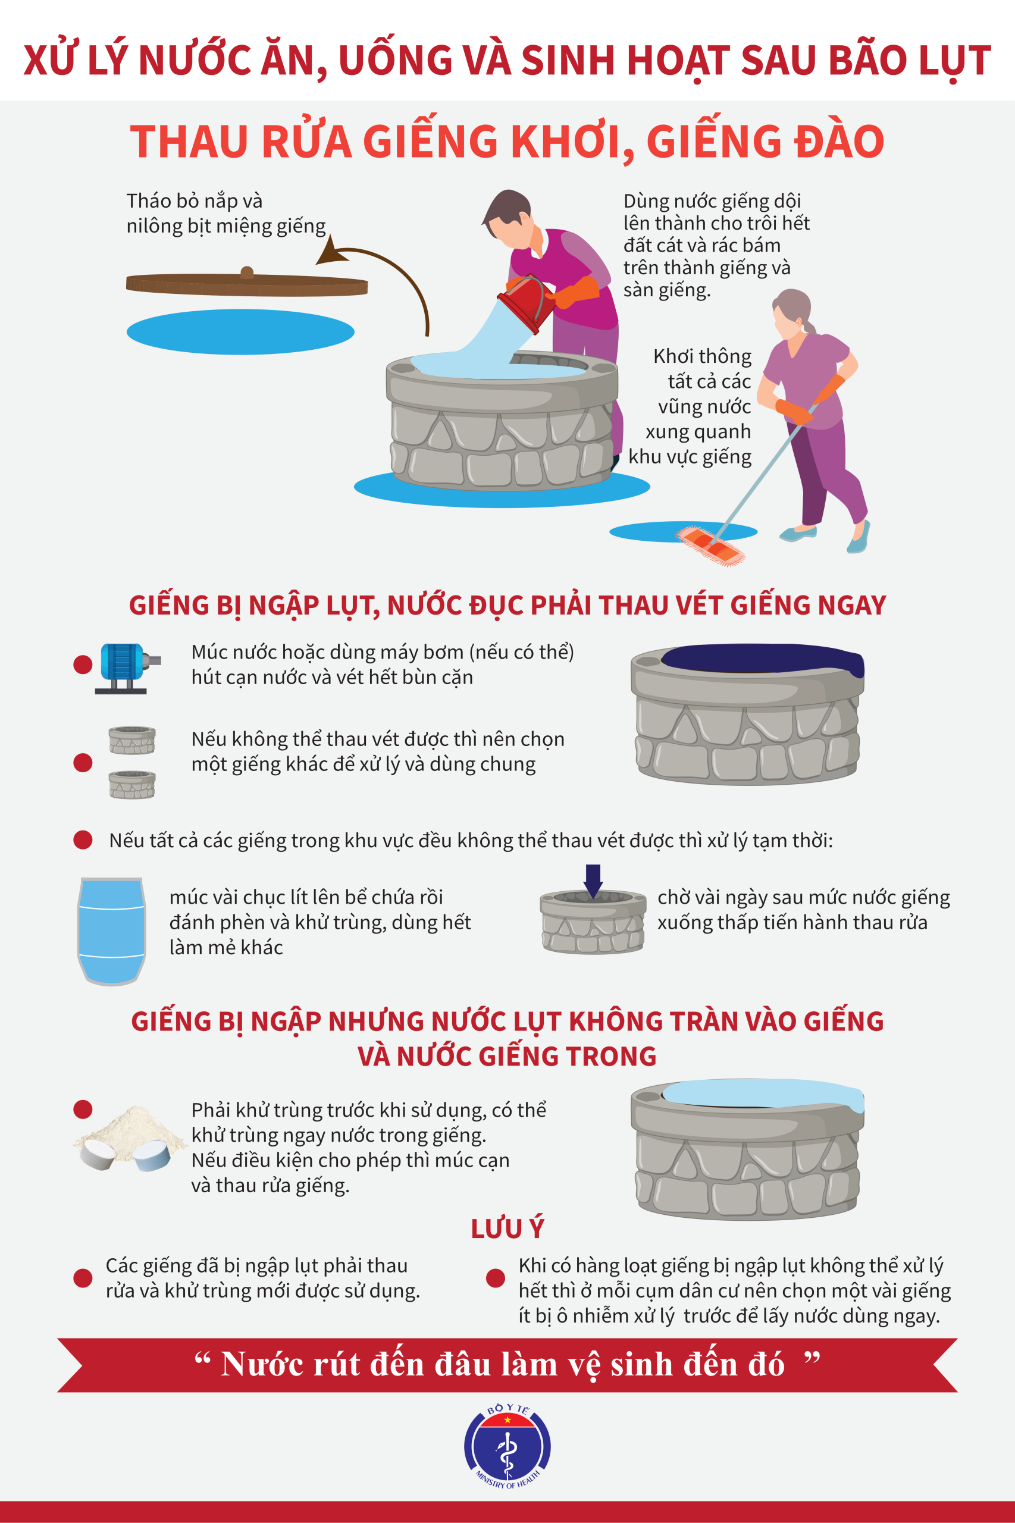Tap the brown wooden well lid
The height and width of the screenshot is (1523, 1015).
click(x=247, y=284)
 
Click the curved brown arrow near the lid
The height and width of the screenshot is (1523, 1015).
click(x=382, y=278)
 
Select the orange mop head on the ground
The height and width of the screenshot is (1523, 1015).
click(x=710, y=545)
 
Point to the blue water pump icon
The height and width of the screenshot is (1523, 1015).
click(x=127, y=668)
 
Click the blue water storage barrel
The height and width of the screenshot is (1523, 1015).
click(x=111, y=931)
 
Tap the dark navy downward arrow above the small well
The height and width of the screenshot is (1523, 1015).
click(x=593, y=881)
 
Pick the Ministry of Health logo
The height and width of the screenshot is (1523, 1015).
click(x=507, y=1445)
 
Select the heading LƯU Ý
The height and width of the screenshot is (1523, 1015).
click(x=507, y=1228)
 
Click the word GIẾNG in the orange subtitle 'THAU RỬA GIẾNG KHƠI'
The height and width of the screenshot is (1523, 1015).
click(x=433, y=141)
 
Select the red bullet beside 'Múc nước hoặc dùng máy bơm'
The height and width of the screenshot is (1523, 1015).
click(x=83, y=664)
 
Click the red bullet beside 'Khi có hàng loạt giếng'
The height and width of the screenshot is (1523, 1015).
click(x=495, y=1278)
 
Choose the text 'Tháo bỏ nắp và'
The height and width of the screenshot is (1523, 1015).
click(x=194, y=200)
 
